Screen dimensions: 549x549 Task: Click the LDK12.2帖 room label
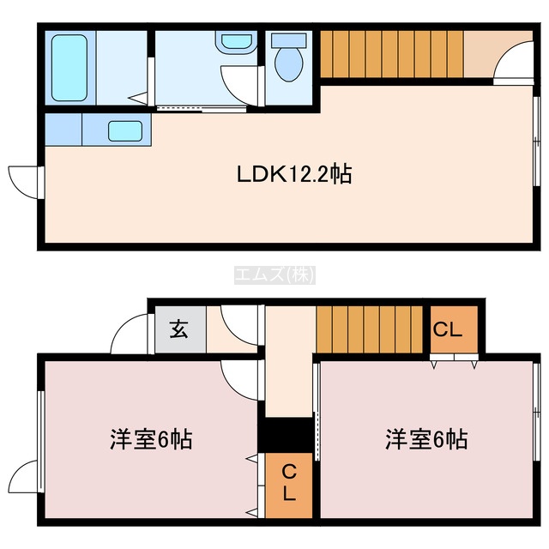[x=294, y=173]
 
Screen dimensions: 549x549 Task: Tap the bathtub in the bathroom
[x=69, y=68]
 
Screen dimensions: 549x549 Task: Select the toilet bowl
[x=289, y=64]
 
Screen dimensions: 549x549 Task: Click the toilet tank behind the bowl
[x=289, y=40]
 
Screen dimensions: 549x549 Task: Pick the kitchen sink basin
[x=125, y=131]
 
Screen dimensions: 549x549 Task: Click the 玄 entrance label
[x=179, y=329]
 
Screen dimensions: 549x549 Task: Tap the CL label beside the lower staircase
[x=448, y=329]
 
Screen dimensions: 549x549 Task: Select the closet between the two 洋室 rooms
[x=289, y=486]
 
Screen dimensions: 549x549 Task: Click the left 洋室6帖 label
[x=151, y=439]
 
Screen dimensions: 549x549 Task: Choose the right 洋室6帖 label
[x=426, y=439]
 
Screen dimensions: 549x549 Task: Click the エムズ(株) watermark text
[x=274, y=274]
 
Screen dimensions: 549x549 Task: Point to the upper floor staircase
[x=392, y=54]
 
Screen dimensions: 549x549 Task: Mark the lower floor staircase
[x=370, y=329]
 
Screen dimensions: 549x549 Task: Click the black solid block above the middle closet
[x=285, y=435]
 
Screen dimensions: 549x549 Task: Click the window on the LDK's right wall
[x=536, y=141]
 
